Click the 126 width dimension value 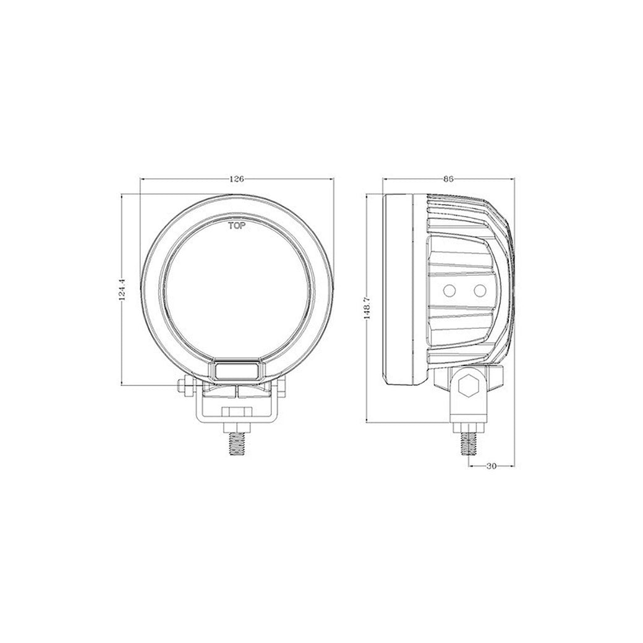pyautogui.click(x=237, y=179)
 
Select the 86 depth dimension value pyautogui.click(x=448, y=179)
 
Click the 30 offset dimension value pyautogui.click(x=492, y=466)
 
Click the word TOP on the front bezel pyautogui.click(x=237, y=226)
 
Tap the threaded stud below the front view pyautogui.click(x=237, y=443)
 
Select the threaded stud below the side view pyautogui.click(x=469, y=443)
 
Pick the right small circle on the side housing pyautogui.click(x=479, y=289)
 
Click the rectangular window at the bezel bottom pyautogui.click(x=237, y=370)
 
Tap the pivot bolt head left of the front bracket pyautogui.click(x=184, y=388)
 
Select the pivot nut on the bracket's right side pyautogui.click(x=281, y=388)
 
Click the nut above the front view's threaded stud pyautogui.click(x=237, y=427)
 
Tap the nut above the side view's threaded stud pyautogui.click(x=469, y=427)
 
